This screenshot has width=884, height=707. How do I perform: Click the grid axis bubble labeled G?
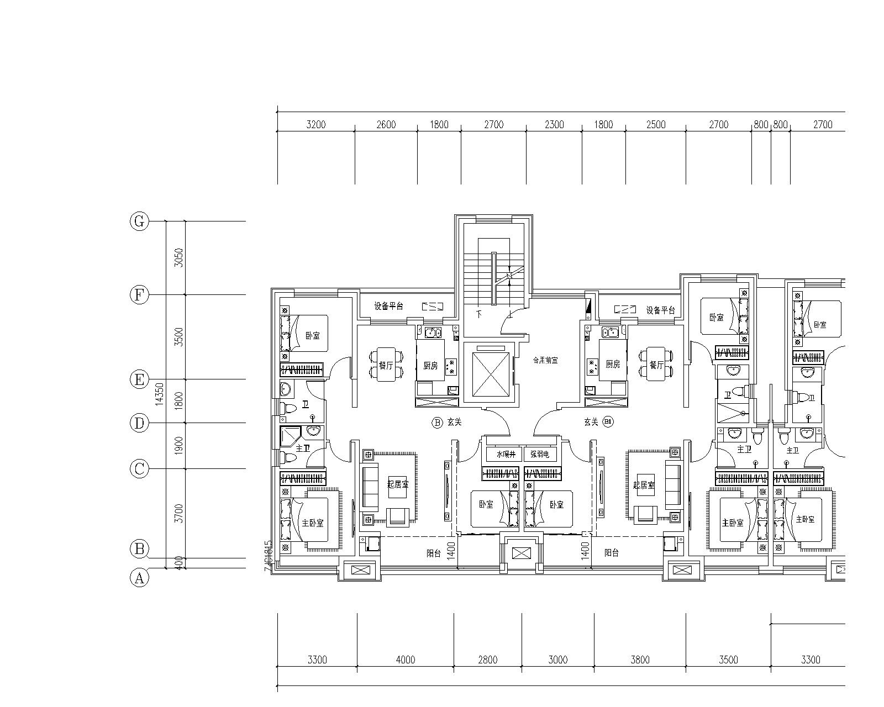click(139, 221)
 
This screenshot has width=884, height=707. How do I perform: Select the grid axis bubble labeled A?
click(139, 578)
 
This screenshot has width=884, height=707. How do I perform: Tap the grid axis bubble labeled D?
click(139, 423)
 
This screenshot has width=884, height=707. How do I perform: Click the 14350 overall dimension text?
click(159, 394)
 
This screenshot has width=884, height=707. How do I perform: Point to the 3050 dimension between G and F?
click(178, 258)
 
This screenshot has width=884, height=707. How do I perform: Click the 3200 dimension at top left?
click(315, 125)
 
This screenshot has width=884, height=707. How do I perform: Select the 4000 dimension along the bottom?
click(405, 659)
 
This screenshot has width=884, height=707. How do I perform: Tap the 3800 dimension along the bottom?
click(640, 659)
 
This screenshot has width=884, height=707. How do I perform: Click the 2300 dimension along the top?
click(554, 125)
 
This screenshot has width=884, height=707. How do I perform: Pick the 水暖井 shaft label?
click(506, 455)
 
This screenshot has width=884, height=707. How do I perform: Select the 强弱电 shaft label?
click(540, 455)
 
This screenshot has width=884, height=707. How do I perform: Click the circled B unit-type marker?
click(437, 423)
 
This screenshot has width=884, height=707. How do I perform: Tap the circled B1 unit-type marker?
click(609, 423)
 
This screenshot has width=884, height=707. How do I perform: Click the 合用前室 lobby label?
click(545, 360)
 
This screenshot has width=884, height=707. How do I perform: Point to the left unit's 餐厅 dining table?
click(386, 364)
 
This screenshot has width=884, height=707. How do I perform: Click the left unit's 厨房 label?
click(430, 365)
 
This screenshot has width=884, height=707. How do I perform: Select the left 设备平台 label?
click(388, 306)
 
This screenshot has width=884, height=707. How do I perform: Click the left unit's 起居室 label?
click(398, 484)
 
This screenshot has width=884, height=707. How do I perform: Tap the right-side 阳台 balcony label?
click(611, 552)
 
